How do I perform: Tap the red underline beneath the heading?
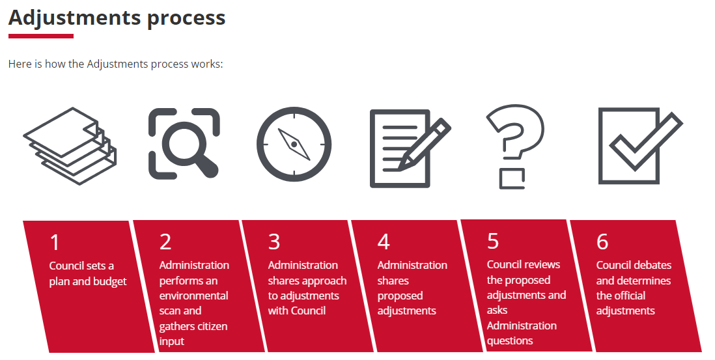(41, 36)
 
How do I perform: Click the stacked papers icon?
(70, 146)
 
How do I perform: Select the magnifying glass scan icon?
(184, 143)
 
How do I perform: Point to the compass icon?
(294, 145)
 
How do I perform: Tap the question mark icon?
(514, 146)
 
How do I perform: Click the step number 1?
(55, 242)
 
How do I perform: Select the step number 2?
(165, 242)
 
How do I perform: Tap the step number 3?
(274, 242)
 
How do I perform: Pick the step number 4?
(384, 242)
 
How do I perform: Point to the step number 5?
(493, 241)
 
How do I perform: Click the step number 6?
(602, 242)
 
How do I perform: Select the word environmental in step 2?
(194, 296)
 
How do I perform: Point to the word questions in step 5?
(510, 341)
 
